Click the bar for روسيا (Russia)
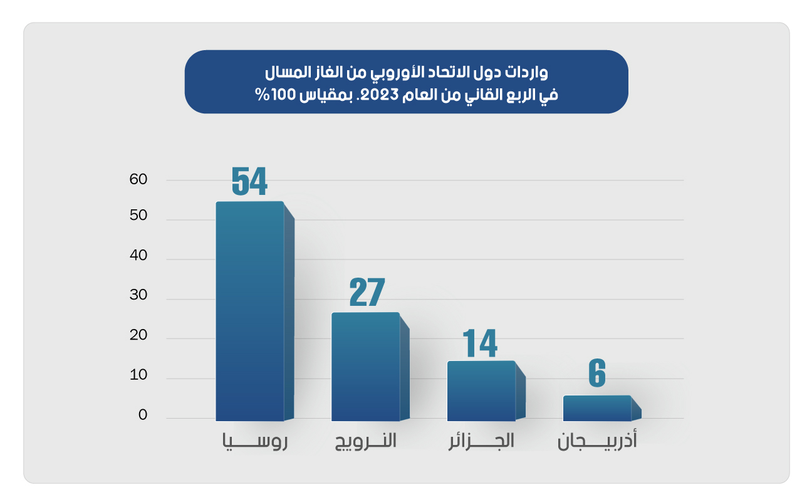(x=250, y=311)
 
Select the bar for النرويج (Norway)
(x=365, y=366)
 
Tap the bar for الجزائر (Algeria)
(x=481, y=390)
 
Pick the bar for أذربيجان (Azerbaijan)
(x=597, y=408)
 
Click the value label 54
(x=249, y=181)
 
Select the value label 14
(x=480, y=342)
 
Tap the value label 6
(x=597, y=374)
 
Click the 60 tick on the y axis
(x=138, y=180)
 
